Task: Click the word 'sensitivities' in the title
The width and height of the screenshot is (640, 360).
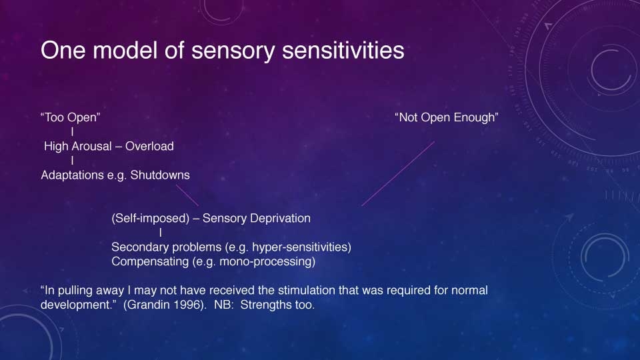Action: (343, 50)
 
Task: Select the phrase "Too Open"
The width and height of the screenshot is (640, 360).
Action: (70, 117)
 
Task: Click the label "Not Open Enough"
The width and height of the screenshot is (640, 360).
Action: (447, 117)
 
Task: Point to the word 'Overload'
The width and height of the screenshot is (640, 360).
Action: (149, 146)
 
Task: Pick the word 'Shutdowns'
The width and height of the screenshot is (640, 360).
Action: (160, 175)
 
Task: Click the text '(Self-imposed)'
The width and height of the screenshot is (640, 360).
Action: (151, 219)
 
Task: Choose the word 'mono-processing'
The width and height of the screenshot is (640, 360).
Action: (265, 261)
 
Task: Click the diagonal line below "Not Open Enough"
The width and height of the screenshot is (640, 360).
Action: (398, 173)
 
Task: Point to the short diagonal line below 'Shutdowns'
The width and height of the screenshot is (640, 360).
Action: (187, 195)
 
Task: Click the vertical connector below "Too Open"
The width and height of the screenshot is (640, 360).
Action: (72, 131)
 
